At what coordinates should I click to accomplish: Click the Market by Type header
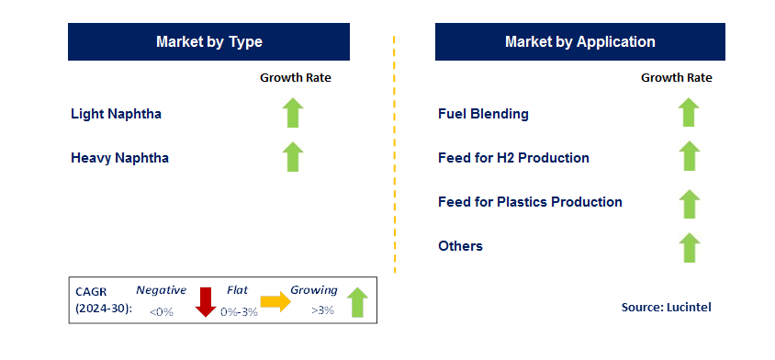click(208, 42)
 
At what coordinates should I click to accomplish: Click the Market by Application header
click(579, 42)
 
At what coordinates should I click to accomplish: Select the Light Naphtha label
click(116, 114)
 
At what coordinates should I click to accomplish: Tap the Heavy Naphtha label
click(119, 158)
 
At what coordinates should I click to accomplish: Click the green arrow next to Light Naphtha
click(292, 113)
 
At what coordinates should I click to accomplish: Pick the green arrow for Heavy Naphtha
click(292, 157)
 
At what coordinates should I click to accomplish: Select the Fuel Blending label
click(483, 114)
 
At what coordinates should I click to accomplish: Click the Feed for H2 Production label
click(513, 158)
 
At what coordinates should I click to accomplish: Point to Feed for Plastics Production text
click(530, 202)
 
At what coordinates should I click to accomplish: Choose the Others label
click(460, 246)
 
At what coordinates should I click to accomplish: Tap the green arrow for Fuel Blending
click(689, 113)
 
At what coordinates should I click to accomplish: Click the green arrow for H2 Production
click(689, 157)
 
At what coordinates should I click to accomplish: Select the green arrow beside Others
click(689, 246)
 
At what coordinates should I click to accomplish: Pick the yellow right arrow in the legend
click(275, 301)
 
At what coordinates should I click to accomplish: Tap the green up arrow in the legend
click(357, 302)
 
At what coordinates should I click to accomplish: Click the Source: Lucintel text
click(666, 308)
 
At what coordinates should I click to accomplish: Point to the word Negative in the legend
click(161, 290)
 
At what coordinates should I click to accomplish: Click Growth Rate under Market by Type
click(295, 78)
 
